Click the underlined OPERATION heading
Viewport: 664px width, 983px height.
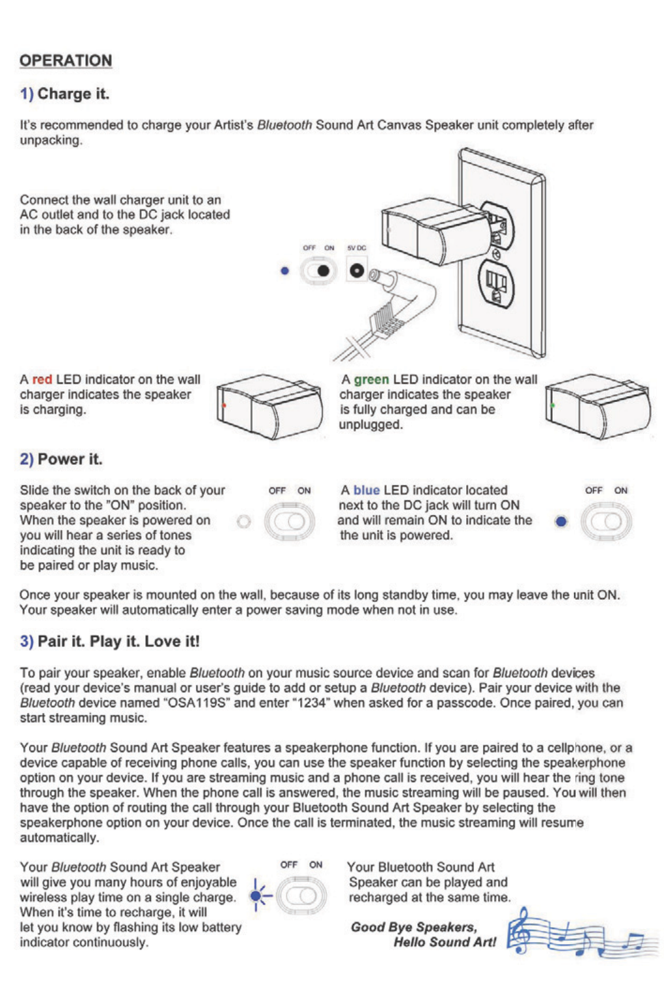click(x=66, y=61)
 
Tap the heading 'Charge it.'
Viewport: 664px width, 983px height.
click(x=73, y=94)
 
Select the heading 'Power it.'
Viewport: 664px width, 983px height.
click(x=70, y=459)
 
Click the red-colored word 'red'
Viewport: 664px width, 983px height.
click(x=42, y=379)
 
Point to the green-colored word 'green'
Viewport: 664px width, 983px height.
click(x=371, y=379)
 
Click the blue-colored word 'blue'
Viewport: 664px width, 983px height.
click(x=366, y=490)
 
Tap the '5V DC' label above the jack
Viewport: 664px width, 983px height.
click(x=357, y=248)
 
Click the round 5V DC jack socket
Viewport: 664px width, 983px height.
click(x=357, y=270)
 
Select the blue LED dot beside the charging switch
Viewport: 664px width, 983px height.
click(x=284, y=270)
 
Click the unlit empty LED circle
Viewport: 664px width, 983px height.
click(x=243, y=522)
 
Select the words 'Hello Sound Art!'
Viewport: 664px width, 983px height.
click(x=445, y=942)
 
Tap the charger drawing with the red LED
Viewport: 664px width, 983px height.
click(x=268, y=406)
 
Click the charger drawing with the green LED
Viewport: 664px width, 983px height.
click(x=597, y=406)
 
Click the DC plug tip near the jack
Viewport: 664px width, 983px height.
click(x=379, y=278)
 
